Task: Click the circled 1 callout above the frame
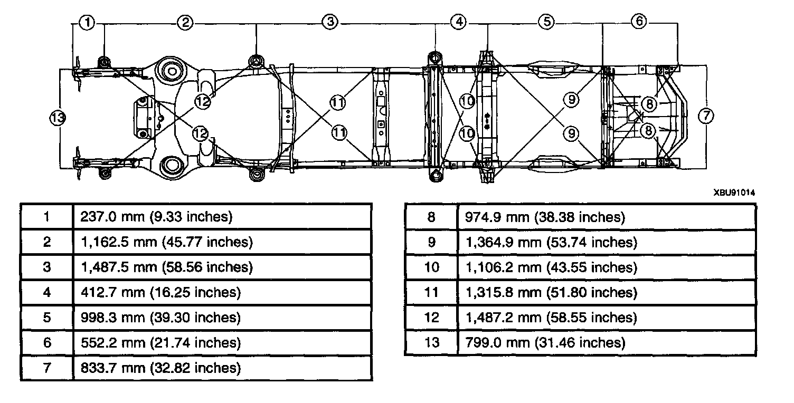(x=88, y=23)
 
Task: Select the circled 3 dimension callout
(x=330, y=22)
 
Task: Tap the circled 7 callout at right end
(x=706, y=115)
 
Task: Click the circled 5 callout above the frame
(x=546, y=22)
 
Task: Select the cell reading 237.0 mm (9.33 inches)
(x=156, y=217)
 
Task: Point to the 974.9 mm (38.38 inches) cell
(x=545, y=217)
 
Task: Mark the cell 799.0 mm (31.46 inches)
(x=545, y=343)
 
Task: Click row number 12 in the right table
(x=431, y=318)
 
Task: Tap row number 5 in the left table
(x=47, y=318)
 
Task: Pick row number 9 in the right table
(x=431, y=242)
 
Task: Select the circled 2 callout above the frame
(x=185, y=23)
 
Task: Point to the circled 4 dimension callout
(x=459, y=22)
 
